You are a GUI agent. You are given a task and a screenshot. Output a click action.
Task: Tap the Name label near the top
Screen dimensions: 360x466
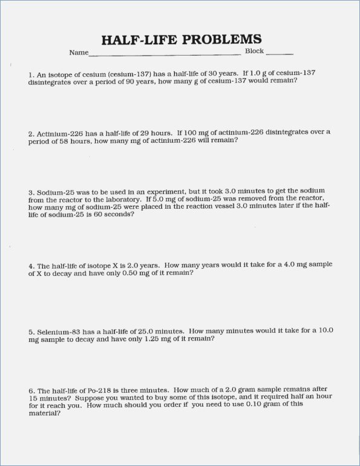[79, 53]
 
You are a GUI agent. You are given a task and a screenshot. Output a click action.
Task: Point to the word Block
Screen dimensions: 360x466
[254, 51]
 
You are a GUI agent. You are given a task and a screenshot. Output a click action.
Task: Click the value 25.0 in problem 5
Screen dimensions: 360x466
[143, 332]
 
